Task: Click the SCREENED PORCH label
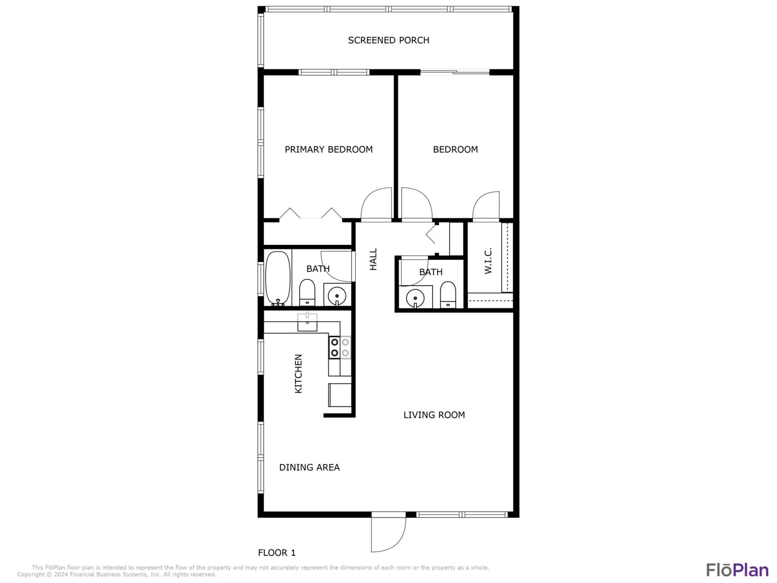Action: pyautogui.click(x=388, y=40)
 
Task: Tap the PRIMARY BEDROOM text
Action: pyautogui.click(x=328, y=149)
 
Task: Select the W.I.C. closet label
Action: pyautogui.click(x=488, y=261)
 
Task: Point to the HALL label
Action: pyautogui.click(x=373, y=259)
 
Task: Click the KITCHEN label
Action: pyautogui.click(x=298, y=374)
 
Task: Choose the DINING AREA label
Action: pyautogui.click(x=309, y=467)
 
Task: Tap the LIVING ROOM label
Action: pyautogui.click(x=434, y=415)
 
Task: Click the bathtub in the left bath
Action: pyautogui.click(x=278, y=278)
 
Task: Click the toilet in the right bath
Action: pyautogui.click(x=448, y=295)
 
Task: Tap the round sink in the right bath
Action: pyautogui.click(x=415, y=298)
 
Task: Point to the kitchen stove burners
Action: pyautogui.click(x=340, y=347)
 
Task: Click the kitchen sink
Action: pyautogui.click(x=307, y=322)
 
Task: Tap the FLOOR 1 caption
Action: pyautogui.click(x=276, y=552)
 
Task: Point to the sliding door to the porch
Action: pyautogui.click(x=455, y=72)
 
